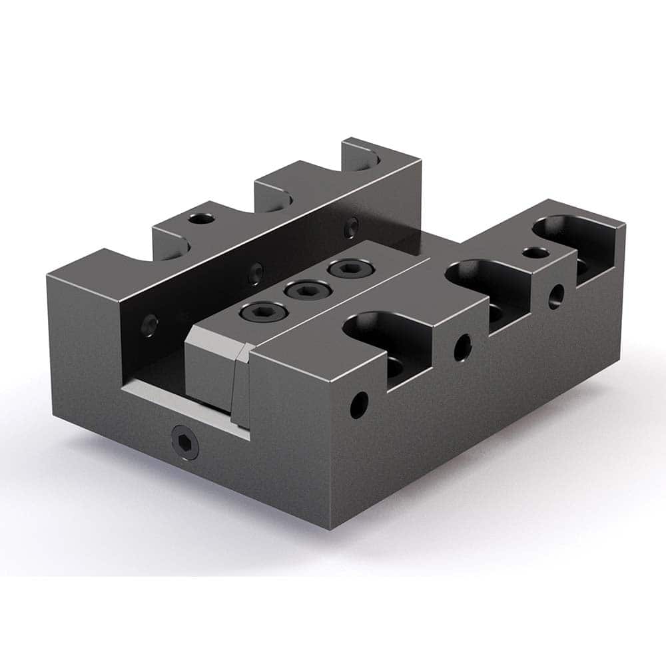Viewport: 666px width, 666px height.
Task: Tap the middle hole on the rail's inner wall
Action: point(254,271)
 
